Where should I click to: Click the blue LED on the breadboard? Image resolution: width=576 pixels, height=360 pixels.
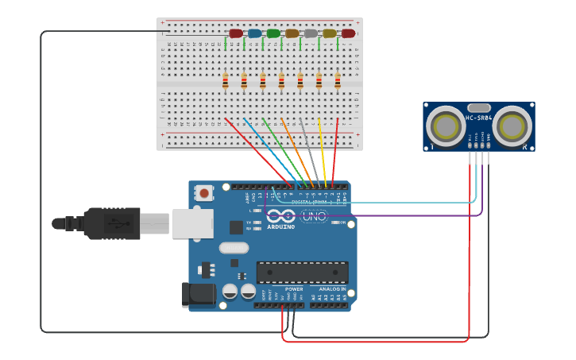click(x=254, y=33)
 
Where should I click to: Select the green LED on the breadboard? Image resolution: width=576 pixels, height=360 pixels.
click(x=273, y=33)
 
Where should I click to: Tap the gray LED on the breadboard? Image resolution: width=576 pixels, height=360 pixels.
click(x=311, y=33)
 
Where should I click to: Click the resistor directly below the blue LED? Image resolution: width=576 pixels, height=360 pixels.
click(x=244, y=81)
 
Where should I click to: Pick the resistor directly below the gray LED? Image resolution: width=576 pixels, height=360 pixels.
click(x=300, y=81)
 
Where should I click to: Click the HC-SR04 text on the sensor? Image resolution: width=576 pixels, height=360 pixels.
click(x=478, y=118)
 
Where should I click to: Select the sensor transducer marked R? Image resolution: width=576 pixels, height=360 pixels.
click(x=512, y=126)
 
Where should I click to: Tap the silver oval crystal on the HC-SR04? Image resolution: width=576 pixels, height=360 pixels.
click(x=478, y=107)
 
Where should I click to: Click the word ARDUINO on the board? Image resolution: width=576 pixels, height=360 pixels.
click(x=280, y=226)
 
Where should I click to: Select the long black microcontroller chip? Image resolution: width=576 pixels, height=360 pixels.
click(x=302, y=273)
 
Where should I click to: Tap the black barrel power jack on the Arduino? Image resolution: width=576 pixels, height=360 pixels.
click(x=197, y=295)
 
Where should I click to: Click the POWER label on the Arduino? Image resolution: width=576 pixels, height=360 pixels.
click(x=293, y=289)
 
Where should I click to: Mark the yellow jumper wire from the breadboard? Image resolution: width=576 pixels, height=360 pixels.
click(x=322, y=151)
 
